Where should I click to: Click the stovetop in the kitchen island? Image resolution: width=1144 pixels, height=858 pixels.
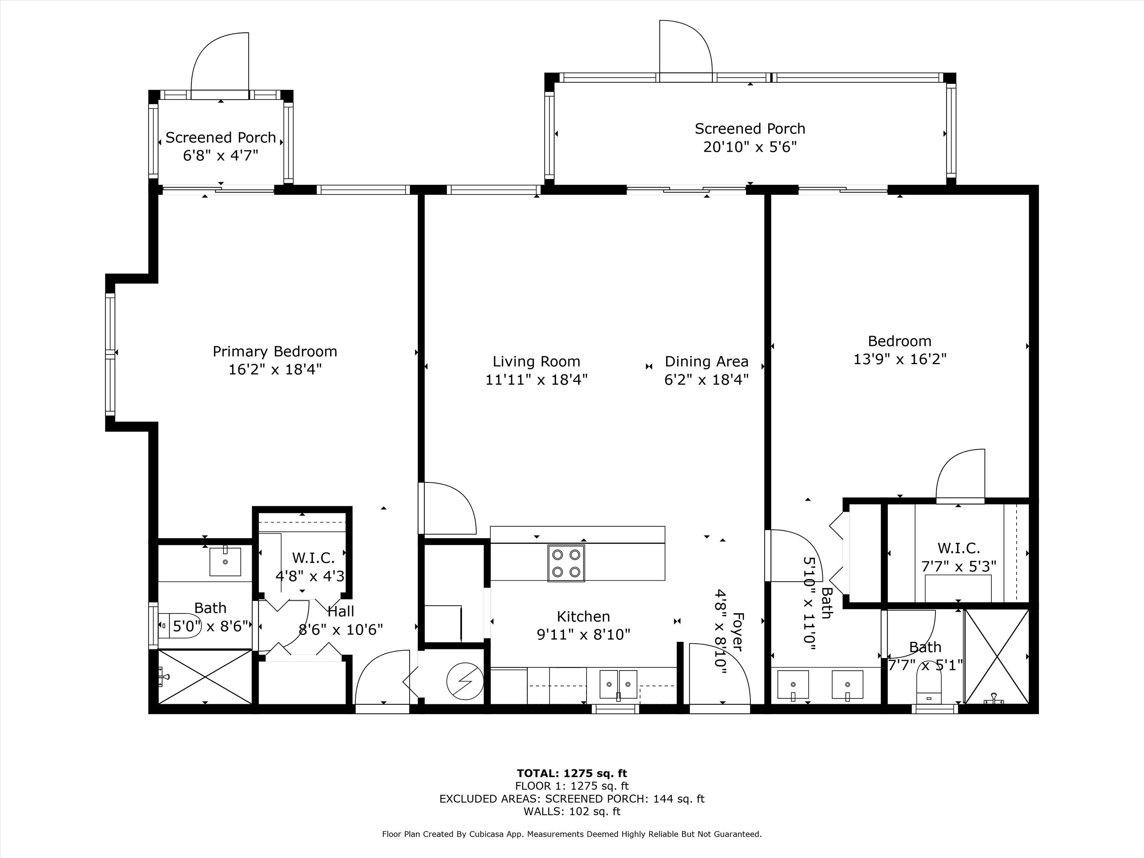566,563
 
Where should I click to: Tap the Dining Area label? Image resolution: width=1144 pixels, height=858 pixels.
707,362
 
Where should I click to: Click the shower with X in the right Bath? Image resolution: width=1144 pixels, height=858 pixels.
996,656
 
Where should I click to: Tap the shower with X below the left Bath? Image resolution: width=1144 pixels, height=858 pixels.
205,676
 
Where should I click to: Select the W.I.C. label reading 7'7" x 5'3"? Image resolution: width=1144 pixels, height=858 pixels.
958,567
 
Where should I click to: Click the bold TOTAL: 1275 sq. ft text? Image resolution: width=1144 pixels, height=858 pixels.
572,773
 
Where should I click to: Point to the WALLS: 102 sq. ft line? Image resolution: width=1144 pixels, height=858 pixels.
572,811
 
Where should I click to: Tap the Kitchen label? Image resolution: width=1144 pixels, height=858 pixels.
583,617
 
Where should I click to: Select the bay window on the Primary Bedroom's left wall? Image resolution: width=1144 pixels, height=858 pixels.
110,354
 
